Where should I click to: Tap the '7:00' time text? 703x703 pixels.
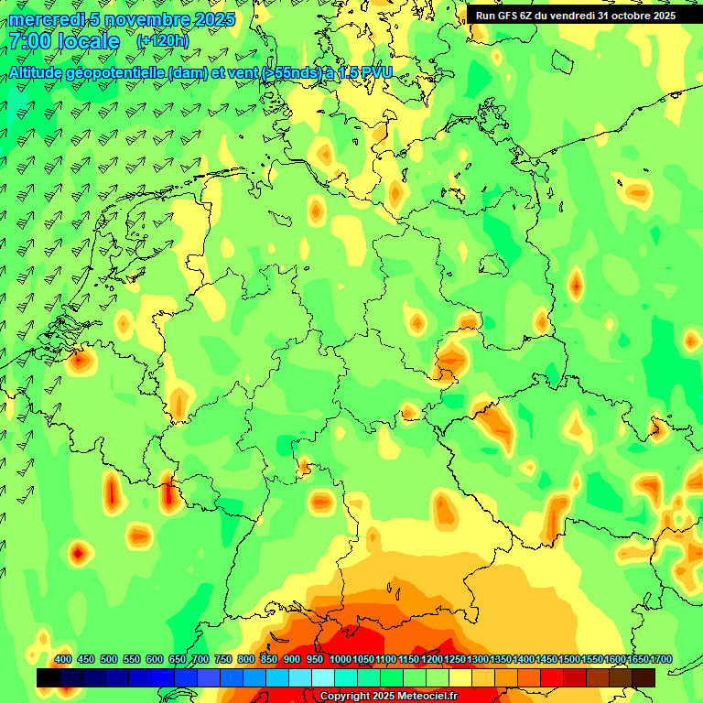[29, 41]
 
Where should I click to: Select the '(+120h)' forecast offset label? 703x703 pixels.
[162, 41]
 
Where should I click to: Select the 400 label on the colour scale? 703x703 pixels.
[63, 660]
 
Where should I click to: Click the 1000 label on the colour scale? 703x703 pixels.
[340, 660]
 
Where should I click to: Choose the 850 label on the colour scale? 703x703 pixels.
[269, 660]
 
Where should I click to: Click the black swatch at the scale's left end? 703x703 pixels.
[49, 678]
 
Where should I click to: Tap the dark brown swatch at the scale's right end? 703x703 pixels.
[644, 678]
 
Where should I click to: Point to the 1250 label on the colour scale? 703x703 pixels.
[454, 660]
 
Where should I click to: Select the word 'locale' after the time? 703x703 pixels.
[88, 41]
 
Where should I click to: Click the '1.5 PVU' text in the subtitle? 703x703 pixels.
[362, 72]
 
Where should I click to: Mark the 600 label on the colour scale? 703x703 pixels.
[155, 660]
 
